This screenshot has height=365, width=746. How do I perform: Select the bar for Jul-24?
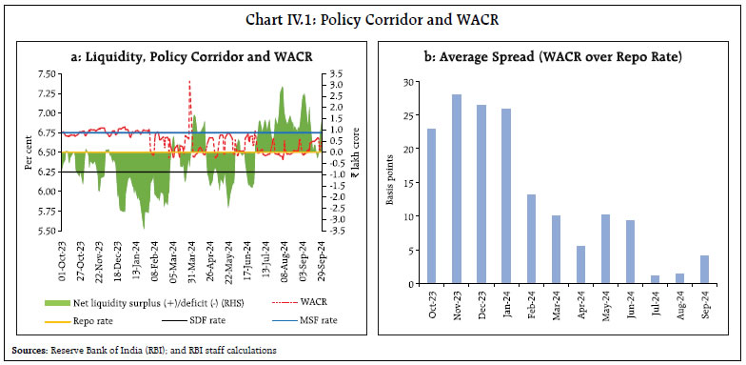tap(654, 279)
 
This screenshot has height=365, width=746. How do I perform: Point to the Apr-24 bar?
tap(579, 264)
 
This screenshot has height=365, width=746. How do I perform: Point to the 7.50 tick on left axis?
tap(42, 73)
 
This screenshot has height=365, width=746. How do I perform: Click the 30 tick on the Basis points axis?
tap(405, 82)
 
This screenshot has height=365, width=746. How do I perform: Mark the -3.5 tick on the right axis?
tap(324, 230)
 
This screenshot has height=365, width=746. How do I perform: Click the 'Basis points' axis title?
tap(390, 183)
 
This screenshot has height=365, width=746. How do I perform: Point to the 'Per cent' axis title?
tap(29, 152)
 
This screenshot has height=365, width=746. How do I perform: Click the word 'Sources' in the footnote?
tap(24, 350)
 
